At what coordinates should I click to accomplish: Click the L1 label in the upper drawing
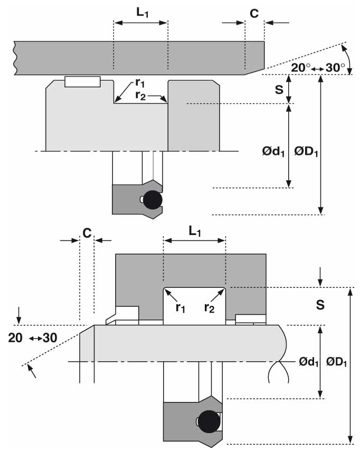pyautogui.click(x=143, y=13)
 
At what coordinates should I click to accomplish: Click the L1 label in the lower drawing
pyautogui.click(x=195, y=231)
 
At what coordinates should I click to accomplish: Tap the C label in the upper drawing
pyautogui.click(x=254, y=14)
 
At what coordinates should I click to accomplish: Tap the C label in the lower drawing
pyautogui.click(x=87, y=233)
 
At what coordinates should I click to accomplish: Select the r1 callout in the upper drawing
pyautogui.click(x=140, y=83)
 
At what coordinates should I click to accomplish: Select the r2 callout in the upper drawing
pyautogui.click(x=140, y=95)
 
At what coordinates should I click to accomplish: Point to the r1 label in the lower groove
pyautogui.click(x=181, y=308)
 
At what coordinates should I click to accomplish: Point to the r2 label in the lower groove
pyautogui.click(x=210, y=308)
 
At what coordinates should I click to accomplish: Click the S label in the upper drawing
pyautogui.click(x=279, y=90)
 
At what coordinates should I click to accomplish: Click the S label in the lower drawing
pyautogui.click(x=320, y=305)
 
